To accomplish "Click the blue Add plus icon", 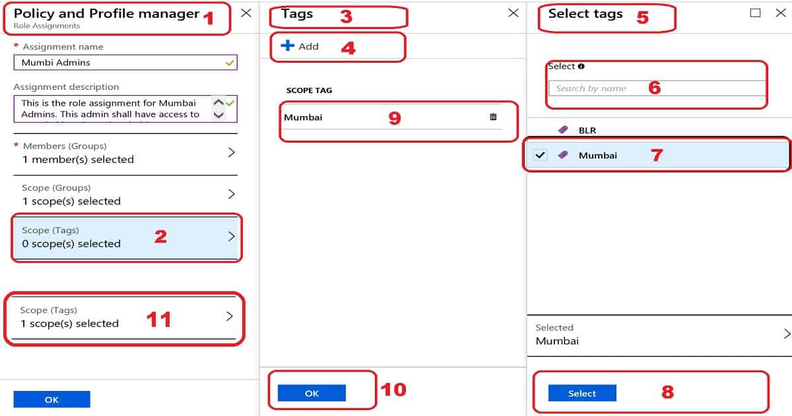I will coord(288,46).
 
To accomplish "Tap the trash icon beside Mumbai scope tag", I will coord(493,117).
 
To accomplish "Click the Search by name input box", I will coord(657,88).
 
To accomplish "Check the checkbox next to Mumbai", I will coord(541,155).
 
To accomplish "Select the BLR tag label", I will coord(587,130).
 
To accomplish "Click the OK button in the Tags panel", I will coord(312,394).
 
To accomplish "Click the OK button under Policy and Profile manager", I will coord(51,399).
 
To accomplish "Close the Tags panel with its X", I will coord(513,13).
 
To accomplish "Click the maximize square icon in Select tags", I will coord(756,13).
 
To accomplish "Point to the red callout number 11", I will coord(158,320).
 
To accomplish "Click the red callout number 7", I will coord(656,155).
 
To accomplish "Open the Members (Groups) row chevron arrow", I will coord(231,153).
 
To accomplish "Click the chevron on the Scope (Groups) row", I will coord(231,194).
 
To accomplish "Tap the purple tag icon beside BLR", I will coord(563,130).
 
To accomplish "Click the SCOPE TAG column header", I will coord(309,90).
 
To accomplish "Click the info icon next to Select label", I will coord(581,66).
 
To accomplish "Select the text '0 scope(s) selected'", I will coord(71,244).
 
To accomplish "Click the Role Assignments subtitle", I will coord(47,26).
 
